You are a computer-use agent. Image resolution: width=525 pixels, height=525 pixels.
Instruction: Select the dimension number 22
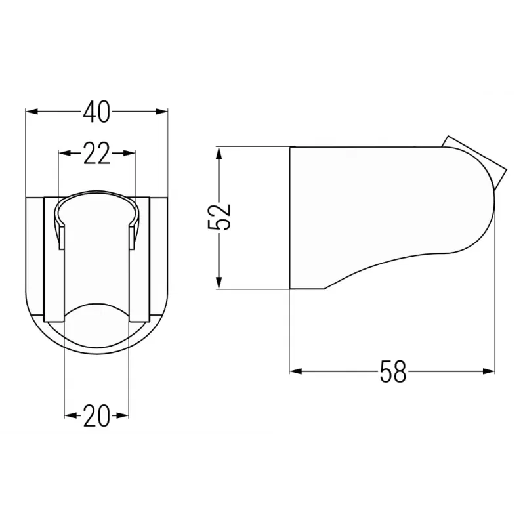96,154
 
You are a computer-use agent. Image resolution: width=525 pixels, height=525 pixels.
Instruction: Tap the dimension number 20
96,416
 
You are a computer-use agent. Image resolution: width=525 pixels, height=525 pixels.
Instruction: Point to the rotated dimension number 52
219,217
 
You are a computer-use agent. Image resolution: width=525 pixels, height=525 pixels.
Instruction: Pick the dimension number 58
392,372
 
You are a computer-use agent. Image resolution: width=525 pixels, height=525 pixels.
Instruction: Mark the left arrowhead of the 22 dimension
64,154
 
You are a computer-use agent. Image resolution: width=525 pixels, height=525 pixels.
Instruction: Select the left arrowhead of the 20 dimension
69,415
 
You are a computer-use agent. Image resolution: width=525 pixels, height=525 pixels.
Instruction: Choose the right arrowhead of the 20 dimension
124,415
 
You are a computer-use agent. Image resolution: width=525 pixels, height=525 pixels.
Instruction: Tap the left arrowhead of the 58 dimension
295,371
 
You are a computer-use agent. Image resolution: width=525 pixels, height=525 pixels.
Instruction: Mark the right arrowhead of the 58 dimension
490,371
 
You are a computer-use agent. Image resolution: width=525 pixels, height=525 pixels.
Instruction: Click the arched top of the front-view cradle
96,195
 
